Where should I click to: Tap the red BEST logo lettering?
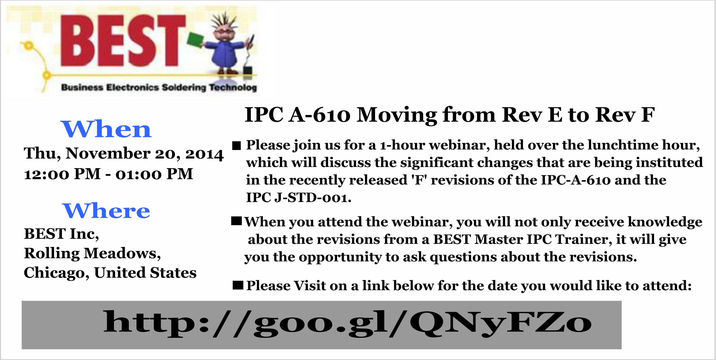click(123, 41)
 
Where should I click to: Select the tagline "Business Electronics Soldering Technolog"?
click(159, 87)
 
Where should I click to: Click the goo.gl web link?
click(347, 324)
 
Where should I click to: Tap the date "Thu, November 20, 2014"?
click(124, 154)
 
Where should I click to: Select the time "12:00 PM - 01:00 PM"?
click(109, 174)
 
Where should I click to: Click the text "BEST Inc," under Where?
click(61, 234)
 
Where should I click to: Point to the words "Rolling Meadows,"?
click(92, 253)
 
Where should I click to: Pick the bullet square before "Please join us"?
click(237, 145)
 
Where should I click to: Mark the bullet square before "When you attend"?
click(237, 222)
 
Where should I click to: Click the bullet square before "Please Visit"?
click(238, 285)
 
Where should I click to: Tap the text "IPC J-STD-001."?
click(299, 198)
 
